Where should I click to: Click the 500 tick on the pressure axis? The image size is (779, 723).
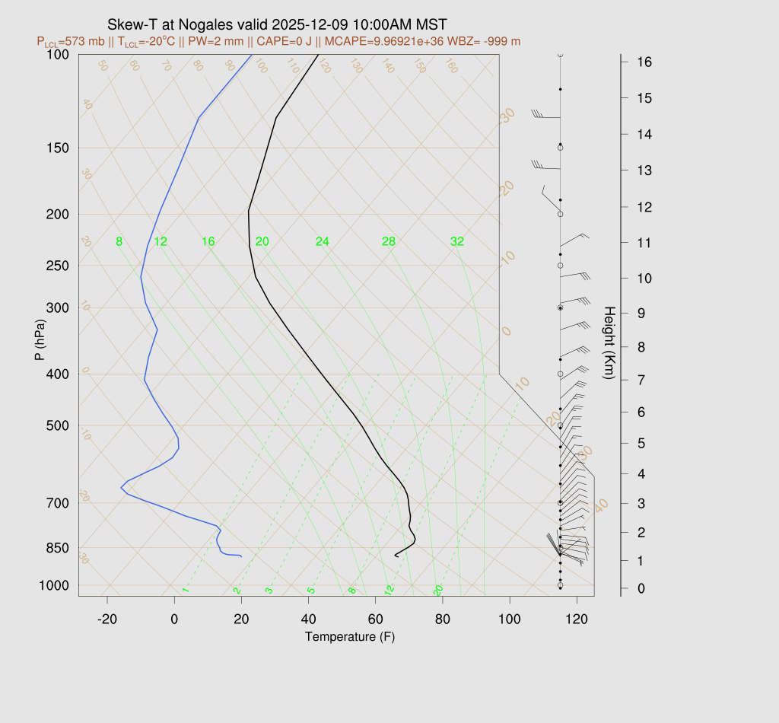click(x=59, y=425)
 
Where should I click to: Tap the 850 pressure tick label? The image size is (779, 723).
click(x=59, y=548)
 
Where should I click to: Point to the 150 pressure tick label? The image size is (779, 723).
click(x=59, y=148)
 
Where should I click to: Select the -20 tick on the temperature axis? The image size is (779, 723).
click(x=107, y=619)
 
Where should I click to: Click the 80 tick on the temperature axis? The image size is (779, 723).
click(x=443, y=619)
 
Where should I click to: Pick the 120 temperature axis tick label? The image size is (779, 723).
click(x=577, y=619)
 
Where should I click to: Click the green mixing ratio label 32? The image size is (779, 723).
click(x=457, y=242)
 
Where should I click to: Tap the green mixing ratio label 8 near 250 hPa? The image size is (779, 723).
click(x=119, y=242)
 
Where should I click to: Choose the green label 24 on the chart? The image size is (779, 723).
click(x=323, y=242)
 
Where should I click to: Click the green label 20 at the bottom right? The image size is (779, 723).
click(x=438, y=591)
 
